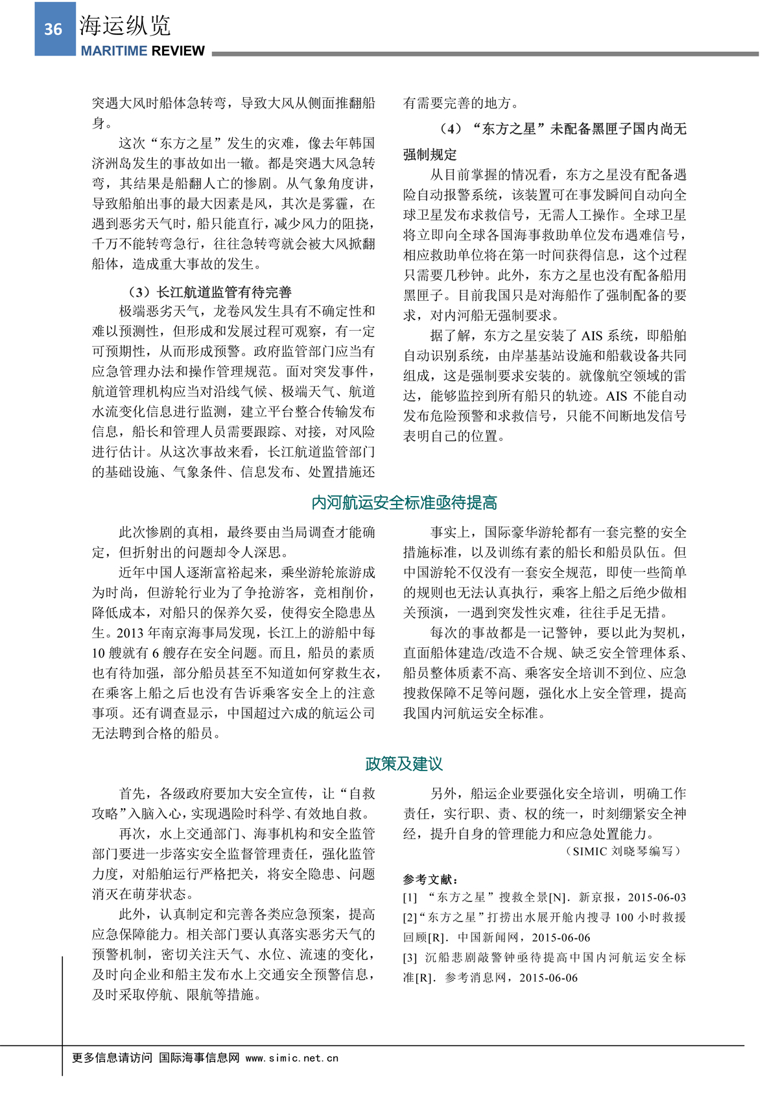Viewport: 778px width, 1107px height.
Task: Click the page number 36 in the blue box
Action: [53, 29]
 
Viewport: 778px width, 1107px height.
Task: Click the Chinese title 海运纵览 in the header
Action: [124, 25]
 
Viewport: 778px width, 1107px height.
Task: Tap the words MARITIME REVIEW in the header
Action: [143, 51]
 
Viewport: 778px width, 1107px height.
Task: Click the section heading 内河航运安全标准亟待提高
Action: [404, 503]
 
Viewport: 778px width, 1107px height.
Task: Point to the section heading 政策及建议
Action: [404, 764]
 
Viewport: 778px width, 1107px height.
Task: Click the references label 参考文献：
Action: [430, 879]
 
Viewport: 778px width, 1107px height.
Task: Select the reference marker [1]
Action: [410, 898]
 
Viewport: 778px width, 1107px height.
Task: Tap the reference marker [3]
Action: [410, 958]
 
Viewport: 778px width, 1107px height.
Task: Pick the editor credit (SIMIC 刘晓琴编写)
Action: [624, 851]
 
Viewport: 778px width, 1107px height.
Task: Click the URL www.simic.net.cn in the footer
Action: [292, 1058]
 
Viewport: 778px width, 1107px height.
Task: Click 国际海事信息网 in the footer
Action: [199, 1058]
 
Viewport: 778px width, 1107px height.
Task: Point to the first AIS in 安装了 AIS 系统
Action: [591, 336]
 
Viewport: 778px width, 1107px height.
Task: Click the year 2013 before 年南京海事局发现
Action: [130, 633]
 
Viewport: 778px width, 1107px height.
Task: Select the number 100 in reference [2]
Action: [624, 918]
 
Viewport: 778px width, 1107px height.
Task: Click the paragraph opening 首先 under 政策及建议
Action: [132, 794]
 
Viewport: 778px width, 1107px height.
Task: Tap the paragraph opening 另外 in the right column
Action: [443, 794]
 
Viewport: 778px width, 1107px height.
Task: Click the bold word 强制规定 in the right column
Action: [430, 155]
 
